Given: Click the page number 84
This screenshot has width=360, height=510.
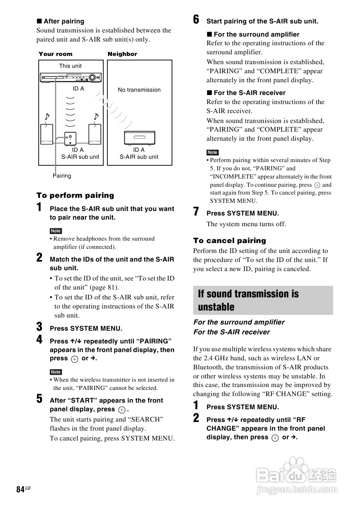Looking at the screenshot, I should click(20, 489).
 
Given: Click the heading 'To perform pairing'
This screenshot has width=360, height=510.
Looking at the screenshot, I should click(75, 195).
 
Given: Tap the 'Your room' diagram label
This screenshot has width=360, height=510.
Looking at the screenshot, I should click(56, 54).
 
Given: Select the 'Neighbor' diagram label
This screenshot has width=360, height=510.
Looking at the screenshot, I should click(122, 54).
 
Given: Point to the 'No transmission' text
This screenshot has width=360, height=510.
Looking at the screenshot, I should click(139, 90).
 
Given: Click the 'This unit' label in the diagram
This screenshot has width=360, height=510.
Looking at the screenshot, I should click(70, 66).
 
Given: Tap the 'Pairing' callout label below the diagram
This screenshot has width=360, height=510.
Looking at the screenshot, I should click(62, 176).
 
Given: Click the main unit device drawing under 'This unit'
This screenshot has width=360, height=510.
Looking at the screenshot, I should click(70, 77).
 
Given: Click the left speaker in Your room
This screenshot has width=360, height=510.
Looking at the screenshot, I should click(46, 134).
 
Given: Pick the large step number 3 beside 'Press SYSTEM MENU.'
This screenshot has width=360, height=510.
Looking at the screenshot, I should click(39, 327).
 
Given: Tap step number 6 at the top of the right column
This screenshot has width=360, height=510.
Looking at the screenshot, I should click(196, 20).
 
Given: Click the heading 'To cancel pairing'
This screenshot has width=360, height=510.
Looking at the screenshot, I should click(230, 241).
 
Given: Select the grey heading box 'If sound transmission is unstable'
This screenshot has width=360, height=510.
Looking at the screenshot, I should click(263, 300).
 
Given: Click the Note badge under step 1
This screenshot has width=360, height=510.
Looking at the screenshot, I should click(56, 231).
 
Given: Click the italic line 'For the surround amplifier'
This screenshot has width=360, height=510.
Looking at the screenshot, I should click(239, 322).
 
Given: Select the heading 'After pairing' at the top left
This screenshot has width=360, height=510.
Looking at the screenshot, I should click(64, 21).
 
